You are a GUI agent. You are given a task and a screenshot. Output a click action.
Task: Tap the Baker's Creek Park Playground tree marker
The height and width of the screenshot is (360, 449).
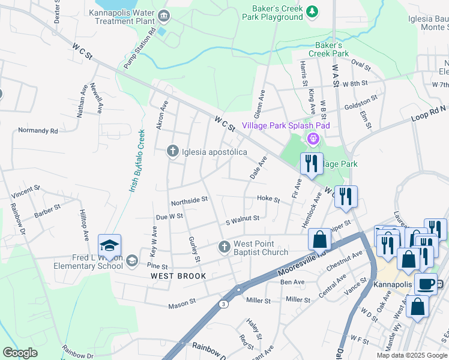312,11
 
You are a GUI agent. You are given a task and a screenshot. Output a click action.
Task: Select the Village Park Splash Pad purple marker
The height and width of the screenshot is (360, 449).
312,139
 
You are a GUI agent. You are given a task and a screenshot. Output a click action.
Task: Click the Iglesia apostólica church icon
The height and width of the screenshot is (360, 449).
173,151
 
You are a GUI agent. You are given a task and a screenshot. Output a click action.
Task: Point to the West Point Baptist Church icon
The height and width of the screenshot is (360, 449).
224,247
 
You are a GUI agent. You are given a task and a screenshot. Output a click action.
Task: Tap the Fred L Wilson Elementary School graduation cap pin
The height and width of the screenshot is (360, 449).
109,246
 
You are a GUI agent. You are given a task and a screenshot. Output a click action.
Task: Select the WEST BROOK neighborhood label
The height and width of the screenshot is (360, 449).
178,276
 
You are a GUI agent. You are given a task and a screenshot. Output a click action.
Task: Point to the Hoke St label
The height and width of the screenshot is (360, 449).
268,199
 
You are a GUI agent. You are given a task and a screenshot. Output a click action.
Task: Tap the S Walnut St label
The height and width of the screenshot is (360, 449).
243,219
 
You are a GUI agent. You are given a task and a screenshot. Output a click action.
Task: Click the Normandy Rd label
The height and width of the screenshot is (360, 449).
38,130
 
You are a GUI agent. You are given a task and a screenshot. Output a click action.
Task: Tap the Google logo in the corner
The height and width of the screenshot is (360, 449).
20,353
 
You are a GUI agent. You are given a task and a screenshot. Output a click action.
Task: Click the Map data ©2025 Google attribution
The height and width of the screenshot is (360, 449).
411,355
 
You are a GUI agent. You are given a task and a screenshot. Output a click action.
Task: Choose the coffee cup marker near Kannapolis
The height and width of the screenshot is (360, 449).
426,284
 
